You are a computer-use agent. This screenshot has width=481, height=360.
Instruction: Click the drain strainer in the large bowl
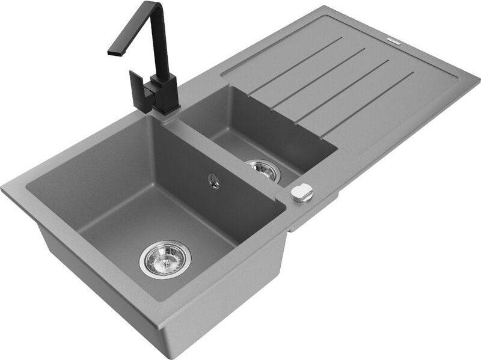click(x=164, y=259)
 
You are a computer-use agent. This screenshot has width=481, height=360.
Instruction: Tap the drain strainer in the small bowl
click(x=263, y=171)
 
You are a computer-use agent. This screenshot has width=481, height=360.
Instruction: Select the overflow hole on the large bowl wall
click(x=212, y=178)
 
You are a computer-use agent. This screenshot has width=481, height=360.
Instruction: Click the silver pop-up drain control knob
click(x=301, y=192)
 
